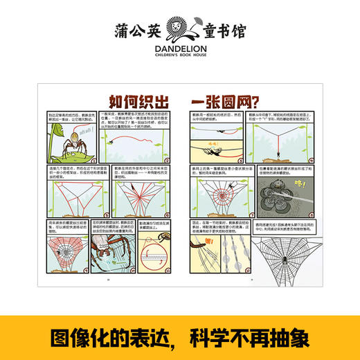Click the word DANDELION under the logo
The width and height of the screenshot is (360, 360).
[180, 48]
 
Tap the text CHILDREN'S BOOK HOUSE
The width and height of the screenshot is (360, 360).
[180, 57]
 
